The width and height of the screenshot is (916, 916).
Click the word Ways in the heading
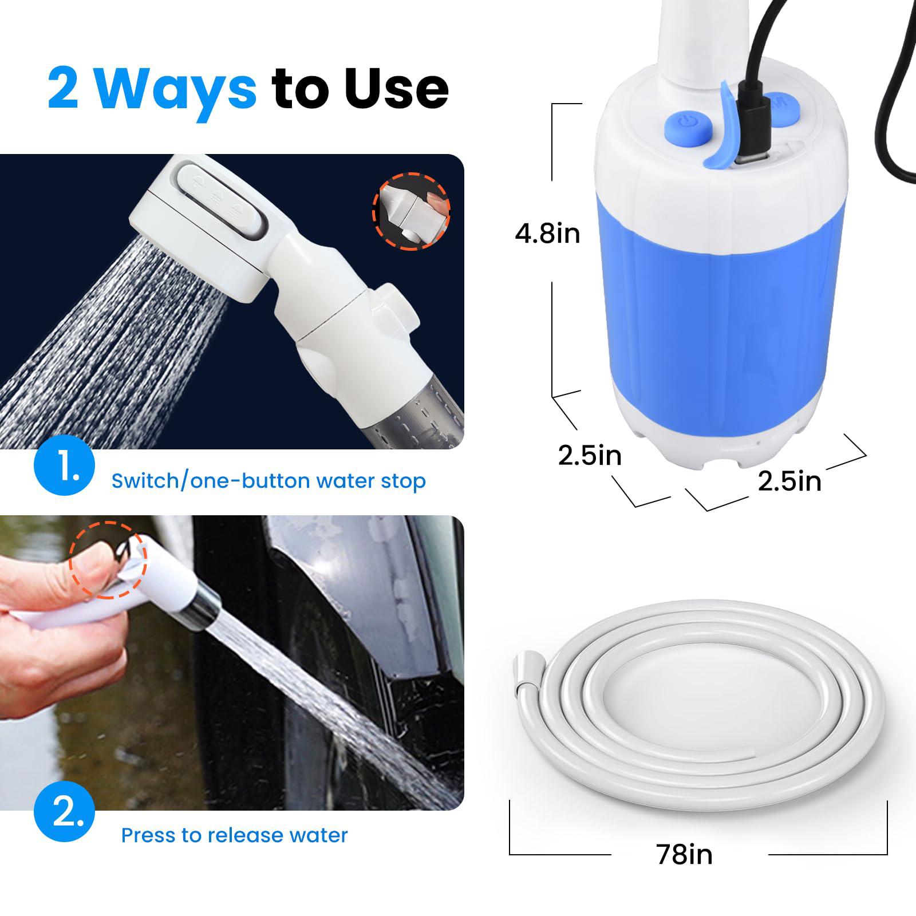point(175,89)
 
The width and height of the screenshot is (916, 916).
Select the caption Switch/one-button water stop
point(269,481)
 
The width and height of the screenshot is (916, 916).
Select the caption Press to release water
point(234,835)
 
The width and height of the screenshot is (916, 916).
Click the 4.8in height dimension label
point(547,234)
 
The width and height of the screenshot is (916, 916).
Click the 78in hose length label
point(684,855)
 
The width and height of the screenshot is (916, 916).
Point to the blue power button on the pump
point(687,123)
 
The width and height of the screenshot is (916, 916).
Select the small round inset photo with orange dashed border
point(411,211)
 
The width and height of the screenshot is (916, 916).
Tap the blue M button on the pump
point(781,109)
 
